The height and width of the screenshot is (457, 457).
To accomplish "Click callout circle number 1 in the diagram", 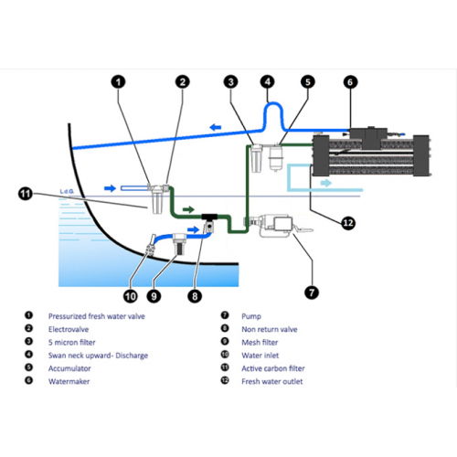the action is coord(119,81).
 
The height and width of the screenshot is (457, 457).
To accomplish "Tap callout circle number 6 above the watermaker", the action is coord(350,82).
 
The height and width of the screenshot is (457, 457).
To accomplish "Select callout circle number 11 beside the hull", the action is coord(26,194).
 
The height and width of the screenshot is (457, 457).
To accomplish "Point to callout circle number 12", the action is coord(348,223).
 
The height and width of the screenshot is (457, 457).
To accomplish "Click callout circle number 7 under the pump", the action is coord(312,292).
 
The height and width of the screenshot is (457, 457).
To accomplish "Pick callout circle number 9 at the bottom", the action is coord(154,296).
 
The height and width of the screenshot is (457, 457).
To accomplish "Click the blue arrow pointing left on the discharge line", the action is coord(216,127).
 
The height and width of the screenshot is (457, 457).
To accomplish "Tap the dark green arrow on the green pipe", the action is coord(188,209).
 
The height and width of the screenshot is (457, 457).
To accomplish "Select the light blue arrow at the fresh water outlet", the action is coord(326,183).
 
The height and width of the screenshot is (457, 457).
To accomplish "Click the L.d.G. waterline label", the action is coord(67,191).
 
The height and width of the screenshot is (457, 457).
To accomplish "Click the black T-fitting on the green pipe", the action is coord(209,217).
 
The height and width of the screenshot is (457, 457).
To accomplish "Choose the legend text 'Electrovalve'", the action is coord(69,329).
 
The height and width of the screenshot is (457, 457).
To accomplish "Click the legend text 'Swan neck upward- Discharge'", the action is coord(98,356).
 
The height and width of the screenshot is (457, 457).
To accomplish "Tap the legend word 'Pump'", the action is coord(251,316).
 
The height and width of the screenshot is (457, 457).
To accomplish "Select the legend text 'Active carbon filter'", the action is coord(273,368).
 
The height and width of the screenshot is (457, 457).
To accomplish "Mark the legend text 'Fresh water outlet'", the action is coord(272,381).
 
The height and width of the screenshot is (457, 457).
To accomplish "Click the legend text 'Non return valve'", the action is coord(270,329).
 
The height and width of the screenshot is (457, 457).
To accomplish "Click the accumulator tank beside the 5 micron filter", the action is coord(275,158).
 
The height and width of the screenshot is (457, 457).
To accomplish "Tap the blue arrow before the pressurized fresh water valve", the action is coord(110,188).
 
